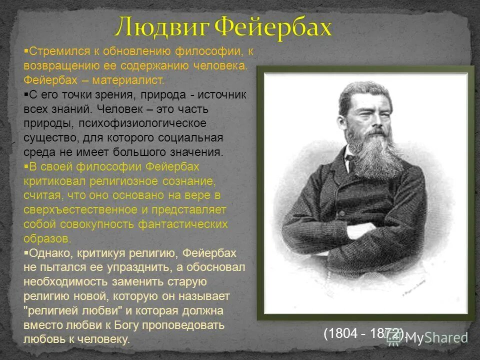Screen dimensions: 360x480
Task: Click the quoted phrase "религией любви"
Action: pos(70,310)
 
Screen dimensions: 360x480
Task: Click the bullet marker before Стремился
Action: pos(26,50)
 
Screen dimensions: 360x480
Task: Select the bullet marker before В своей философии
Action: pos(26,165)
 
